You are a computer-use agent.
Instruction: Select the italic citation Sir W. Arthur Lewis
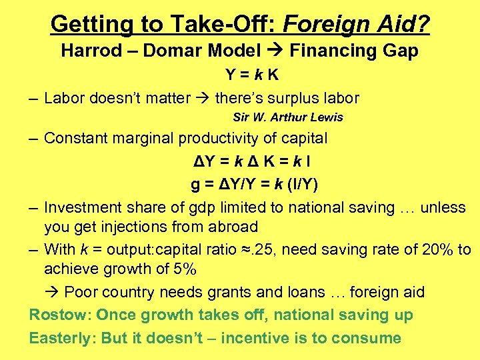[288, 117]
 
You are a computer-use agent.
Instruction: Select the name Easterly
[62, 338]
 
